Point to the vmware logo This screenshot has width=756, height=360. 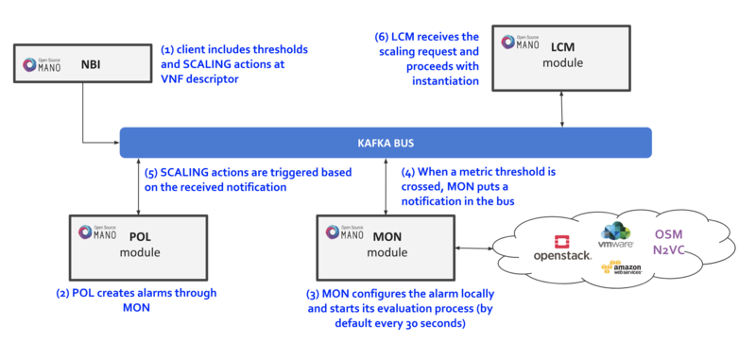(x=614, y=232)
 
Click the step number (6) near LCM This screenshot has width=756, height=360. (x=384, y=35)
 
